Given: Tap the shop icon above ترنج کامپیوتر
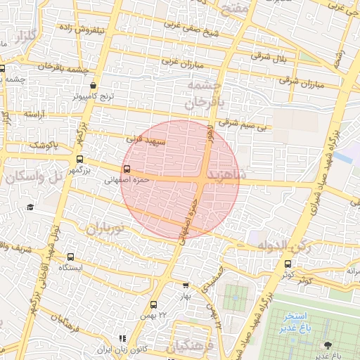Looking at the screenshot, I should (94, 86).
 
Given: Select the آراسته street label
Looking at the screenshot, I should (35, 113).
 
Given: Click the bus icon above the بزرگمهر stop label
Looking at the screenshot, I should (79, 159).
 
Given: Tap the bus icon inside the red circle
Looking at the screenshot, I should (127, 169).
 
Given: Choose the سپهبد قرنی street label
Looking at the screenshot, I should (145, 139).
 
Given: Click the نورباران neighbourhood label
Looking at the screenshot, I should (104, 228).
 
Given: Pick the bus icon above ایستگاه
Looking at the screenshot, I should (70, 257).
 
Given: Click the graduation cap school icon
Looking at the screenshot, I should (31, 207).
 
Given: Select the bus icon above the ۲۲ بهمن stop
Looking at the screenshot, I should (154, 304).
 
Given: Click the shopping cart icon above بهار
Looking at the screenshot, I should (185, 285).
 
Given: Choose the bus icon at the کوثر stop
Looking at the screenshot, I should (288, 264).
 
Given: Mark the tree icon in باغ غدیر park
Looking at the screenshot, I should (328, 345).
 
